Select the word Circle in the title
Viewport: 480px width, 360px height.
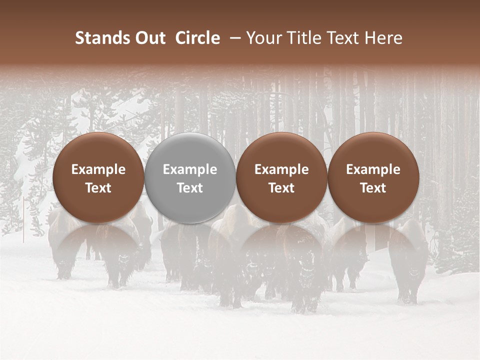[x=197, y=38]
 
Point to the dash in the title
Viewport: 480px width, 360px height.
[x=233, y=38]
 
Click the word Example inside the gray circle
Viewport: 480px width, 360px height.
[x=190, y=169]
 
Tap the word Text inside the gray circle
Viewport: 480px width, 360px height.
[x=190, y=188]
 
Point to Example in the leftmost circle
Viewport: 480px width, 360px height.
[x=98, y=169]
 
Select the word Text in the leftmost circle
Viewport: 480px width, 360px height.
[x=98, y=188]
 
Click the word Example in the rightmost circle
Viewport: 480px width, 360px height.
[x=373, y=169]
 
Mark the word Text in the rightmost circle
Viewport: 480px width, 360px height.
[x=373, y=188]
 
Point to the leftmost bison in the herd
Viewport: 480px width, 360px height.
[x=62, y=245]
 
